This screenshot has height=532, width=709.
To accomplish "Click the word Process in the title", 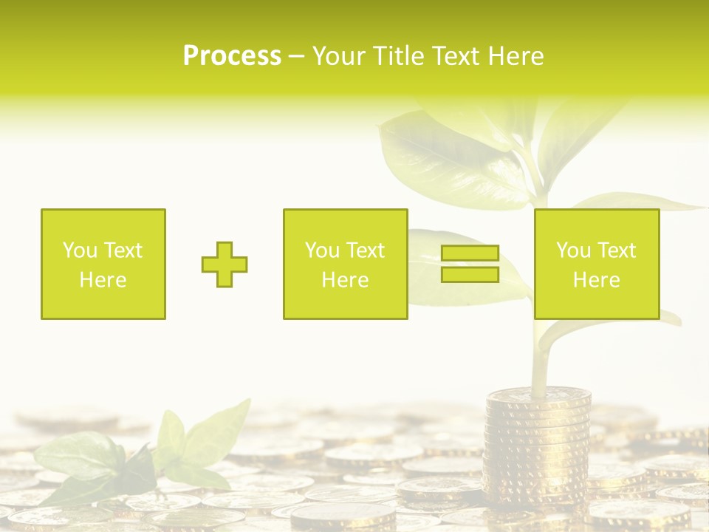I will coord(232,56).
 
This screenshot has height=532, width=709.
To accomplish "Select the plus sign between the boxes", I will coord(225,265).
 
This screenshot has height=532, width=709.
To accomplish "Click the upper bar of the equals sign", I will coord(470,253).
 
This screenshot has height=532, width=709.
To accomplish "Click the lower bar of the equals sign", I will coord(470,274).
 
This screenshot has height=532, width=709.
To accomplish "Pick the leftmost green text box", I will coord(103,265).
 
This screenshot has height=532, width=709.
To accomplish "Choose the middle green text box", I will coord(345,265).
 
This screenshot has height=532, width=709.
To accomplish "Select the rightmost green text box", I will coord(597,265).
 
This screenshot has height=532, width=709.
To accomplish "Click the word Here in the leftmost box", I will coord(103,280).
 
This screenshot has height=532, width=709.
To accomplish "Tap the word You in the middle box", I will coord(322,250).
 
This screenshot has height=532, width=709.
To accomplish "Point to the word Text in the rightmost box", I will coord(617,250).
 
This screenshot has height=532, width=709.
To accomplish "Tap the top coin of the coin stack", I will coord(538,396).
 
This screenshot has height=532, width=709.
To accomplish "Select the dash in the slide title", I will coord(297,56).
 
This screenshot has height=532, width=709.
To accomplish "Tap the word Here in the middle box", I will coord(345,280).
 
